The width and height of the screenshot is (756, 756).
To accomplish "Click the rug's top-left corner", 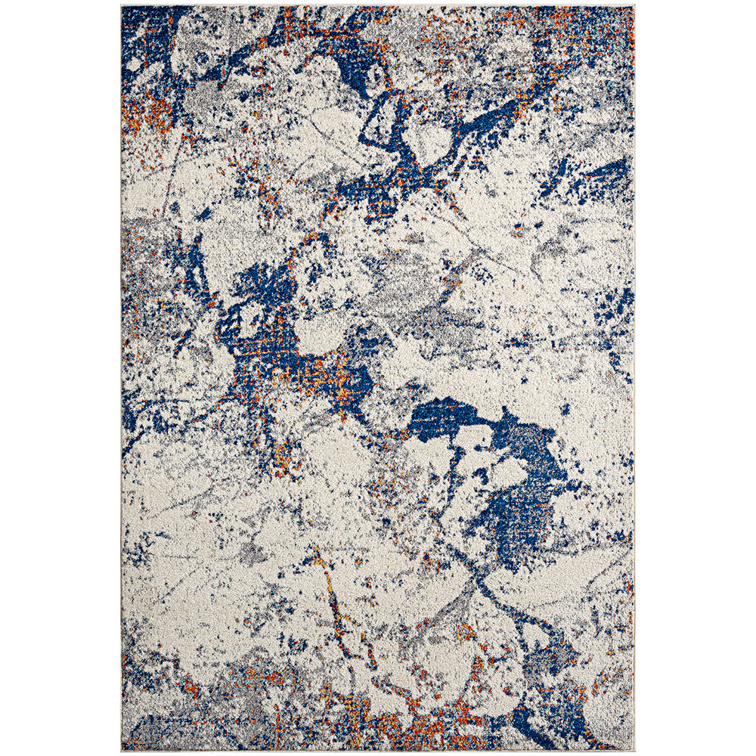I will pyautogui.click(x=122, y=7).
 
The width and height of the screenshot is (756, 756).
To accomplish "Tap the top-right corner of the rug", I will pyautogui.click(x=634, y=7).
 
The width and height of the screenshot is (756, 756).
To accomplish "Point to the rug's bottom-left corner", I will pyautogui.click(x=122, y=750).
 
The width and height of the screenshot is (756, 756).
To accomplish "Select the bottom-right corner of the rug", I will pyautogui.click(x=634, y=750).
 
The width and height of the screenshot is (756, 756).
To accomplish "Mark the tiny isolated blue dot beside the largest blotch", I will pyautogui.click(x=564, y=409).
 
